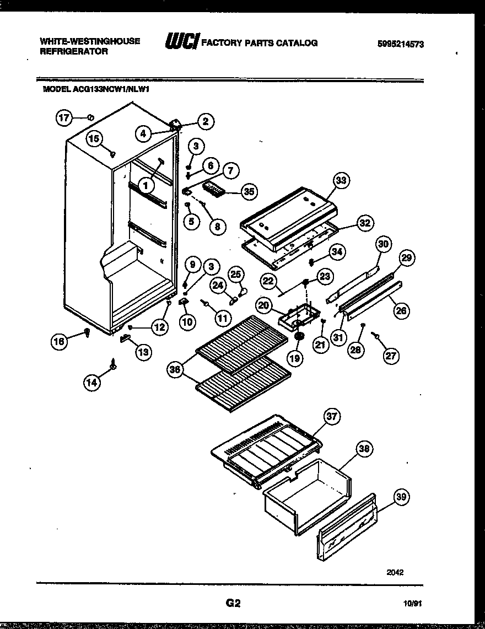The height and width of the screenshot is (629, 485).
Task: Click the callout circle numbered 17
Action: [64, 117]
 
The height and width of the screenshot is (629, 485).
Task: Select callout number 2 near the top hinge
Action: [206, 121]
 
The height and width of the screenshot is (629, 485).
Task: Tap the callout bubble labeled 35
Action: [250, 192]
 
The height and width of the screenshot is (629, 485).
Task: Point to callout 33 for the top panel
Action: [342, 180]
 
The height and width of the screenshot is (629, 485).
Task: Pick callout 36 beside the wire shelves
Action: [176, 370]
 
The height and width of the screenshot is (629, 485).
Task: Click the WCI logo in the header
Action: [182, 42]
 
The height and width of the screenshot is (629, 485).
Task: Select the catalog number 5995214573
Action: [401, 45]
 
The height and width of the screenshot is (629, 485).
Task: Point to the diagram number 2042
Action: [395, 572]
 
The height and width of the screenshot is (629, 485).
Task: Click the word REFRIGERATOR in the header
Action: [73, 51]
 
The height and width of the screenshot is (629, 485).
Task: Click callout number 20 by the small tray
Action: [264, 305]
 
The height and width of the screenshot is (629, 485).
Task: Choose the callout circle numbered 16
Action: [59, 342]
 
